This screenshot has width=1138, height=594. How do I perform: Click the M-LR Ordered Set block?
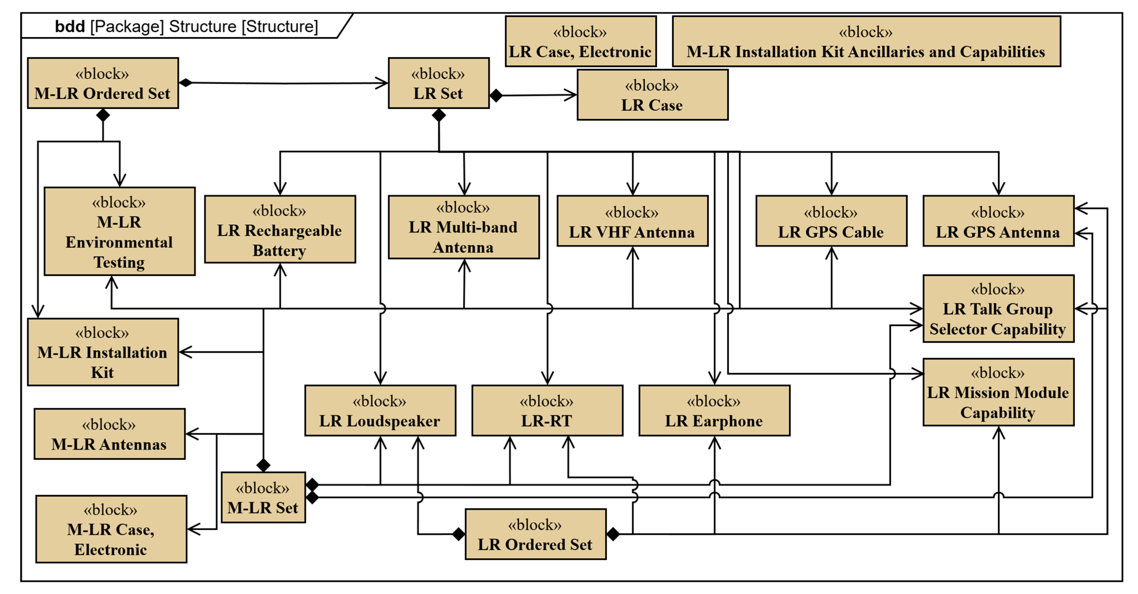(103, 83)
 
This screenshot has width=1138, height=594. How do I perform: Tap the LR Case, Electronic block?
(580, 41)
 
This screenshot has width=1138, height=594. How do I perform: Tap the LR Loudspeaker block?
(380, 411)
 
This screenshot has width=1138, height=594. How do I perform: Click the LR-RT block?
(547, 411)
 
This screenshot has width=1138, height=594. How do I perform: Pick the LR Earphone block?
(714, 411)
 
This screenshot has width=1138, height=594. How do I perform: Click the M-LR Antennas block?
(109, 434)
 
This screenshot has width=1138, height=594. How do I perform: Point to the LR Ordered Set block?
(535, 534)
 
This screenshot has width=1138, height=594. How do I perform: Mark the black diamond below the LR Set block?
(439, 115)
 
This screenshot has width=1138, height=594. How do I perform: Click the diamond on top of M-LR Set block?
(263, 465)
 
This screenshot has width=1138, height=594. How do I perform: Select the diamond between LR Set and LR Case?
(496, 96)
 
